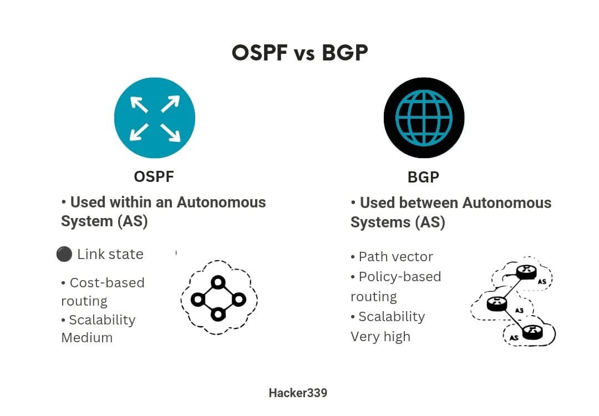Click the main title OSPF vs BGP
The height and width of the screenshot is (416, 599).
[x=299, y=53]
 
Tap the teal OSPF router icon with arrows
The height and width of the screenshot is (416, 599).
[x=155, y=118]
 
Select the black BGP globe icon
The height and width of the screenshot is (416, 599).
[x=424, y=118]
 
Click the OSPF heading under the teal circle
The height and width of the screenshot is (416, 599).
[x=154, y=177]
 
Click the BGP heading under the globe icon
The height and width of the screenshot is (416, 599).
[x=423, y=177]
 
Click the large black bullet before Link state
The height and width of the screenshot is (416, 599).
[x=64, y=254]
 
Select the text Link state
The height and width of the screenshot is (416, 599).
[x=110, y=254]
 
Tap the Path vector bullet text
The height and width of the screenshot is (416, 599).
[x=396, y=257]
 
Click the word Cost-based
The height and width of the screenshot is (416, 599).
[x=107, y=283]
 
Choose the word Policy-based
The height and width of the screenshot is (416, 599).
[x=400, y=277]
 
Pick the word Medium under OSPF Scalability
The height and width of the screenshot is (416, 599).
[x=87, y=338]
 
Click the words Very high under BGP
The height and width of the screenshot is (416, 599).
[x=380, y=337]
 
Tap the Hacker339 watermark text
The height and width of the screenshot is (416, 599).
[x=298, y=393]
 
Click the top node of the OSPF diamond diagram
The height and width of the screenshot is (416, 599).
[x=218, y=283]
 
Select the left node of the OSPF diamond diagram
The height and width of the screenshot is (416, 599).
[x=198, y=299]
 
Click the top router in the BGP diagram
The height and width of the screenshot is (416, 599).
[x=526, y=271]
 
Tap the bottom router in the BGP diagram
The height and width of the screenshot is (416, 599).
[x=532, y=332]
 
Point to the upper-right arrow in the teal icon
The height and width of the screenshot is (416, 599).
[x=170, y=104]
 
